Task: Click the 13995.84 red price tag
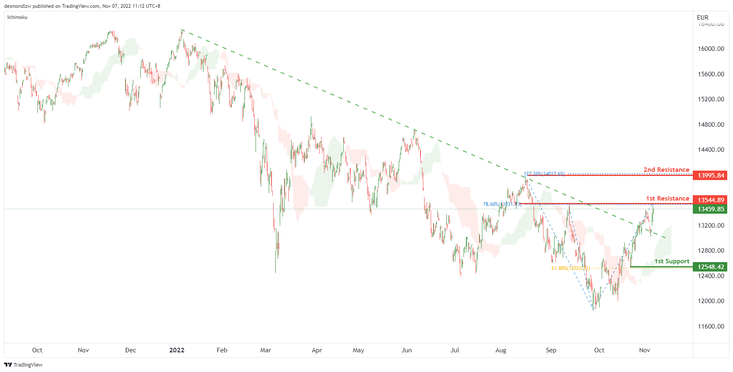[710, 176]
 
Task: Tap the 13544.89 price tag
[710, 200]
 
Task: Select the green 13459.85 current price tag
[710, 209]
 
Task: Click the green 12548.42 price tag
[710, 267]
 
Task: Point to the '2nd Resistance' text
[666, 170]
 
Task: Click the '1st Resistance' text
[667, 199]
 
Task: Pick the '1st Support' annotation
[671, 261]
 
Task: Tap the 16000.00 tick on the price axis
[711, 49]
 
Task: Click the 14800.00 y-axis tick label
[711, 125]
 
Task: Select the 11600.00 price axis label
[711, 326]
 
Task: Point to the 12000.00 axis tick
[711, 301]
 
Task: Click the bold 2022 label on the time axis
[177, 350]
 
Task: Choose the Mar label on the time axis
[265, 350]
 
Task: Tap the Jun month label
[406, 350]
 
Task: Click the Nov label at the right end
[644, 350]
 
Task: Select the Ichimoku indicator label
[17, 17]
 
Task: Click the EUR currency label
[702, 18]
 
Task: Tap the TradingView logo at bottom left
[23, 365]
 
